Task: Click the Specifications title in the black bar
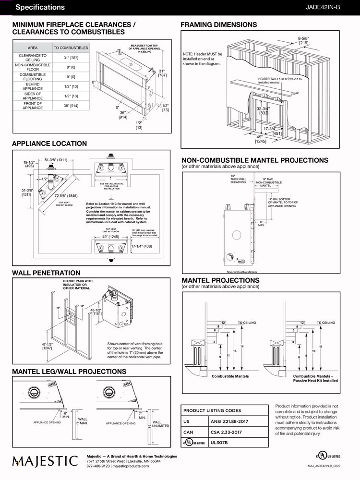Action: tap(40, 7)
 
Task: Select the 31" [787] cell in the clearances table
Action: tap(71, 58)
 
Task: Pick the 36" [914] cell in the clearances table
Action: tap(71, 106)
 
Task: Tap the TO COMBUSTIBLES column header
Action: tap(71, 48)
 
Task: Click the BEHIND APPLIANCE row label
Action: tap(33, 86)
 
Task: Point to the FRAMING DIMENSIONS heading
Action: tap(218, 24)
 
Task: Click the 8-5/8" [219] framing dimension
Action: tap(303, 40)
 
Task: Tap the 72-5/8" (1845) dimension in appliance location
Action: tap(66, 196)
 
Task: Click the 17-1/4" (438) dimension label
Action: tap(141, 246)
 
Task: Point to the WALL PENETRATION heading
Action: tap(46, 273)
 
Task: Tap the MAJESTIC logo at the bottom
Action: tap(45, 461)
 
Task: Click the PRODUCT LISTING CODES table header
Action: tap(212, 410)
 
